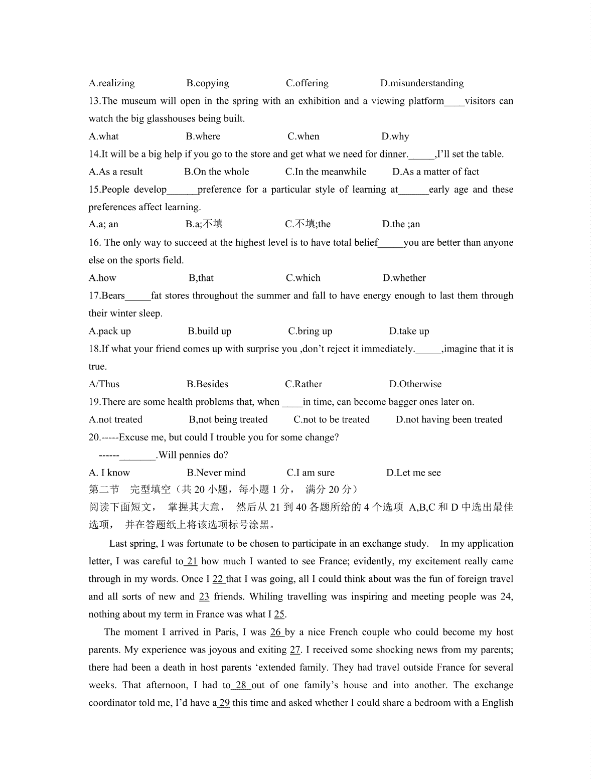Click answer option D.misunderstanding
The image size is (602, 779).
click(x=421, y=83)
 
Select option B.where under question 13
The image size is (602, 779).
click(x=203, y=136)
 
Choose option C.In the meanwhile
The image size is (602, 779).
click(x=326, y=172)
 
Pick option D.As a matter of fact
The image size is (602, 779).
click(x=435, y=172)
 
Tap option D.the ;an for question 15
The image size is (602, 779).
click(x=401, y=224)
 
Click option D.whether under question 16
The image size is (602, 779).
click(x=404, y=278)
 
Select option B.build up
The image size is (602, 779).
click(x=209, y=331)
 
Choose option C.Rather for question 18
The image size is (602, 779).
click(x=304, y=384)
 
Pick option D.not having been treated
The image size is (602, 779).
click(x=448, y=419)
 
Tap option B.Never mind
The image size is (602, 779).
click(x=216, y=473)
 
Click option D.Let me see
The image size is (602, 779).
click(x=413, y=473)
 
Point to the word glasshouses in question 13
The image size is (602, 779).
click(x=172, y=119)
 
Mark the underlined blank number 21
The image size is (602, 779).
click(x=192, y=561)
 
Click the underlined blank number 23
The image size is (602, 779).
click(x=204, y=597)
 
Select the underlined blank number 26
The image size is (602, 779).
click(x=276, y=632)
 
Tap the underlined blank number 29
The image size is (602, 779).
click(x=224, y=703)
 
